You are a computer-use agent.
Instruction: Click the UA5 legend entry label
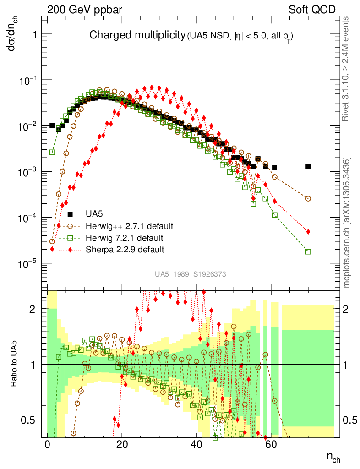(94, 214)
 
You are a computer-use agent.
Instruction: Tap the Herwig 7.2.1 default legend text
(125, 238)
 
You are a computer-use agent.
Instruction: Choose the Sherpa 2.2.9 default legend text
(125, 250)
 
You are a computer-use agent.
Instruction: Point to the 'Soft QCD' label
(312, 10)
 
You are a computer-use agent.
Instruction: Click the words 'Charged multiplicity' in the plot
(137, 35)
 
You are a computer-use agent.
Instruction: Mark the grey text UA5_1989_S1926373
(190, 274)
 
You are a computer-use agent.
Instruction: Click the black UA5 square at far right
(308, 166)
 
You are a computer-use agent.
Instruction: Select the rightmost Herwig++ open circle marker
(308, 199)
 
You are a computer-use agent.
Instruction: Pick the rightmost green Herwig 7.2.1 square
(308, 251)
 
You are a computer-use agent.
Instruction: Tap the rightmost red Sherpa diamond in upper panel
(308, 231)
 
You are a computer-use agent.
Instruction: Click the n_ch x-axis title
(333, 457)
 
